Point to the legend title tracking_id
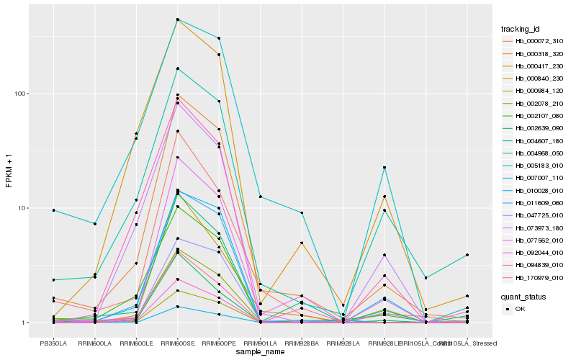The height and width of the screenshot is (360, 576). point(521,29)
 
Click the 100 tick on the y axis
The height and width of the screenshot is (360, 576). point(21,94)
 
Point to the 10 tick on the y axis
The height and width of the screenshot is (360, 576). point(23,208)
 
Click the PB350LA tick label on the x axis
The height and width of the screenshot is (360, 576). point(53,343)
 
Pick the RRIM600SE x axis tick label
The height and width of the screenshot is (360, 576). point(177,343)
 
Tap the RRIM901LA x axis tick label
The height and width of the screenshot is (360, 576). point(260,343)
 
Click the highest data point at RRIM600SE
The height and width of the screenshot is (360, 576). point(177,19)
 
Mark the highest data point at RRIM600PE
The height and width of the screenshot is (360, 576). point(219,38)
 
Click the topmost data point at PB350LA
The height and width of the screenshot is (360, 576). point(53,210)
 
